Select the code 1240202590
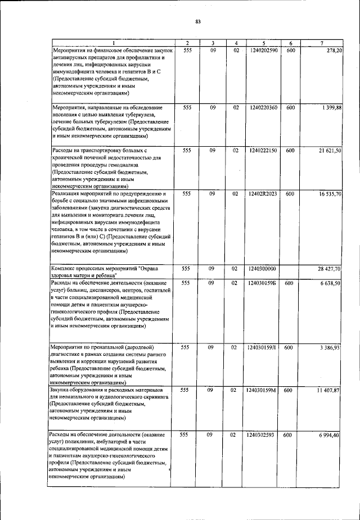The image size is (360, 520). coord(262,51)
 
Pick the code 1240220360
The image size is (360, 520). coord(262,107)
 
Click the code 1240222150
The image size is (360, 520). coord(262,151)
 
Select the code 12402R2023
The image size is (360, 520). coord(262,194)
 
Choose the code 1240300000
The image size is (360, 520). coord(262,269)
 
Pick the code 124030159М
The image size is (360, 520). coord(262,390)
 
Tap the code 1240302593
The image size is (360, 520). coord(262,435)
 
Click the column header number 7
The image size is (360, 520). coord(321,43)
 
